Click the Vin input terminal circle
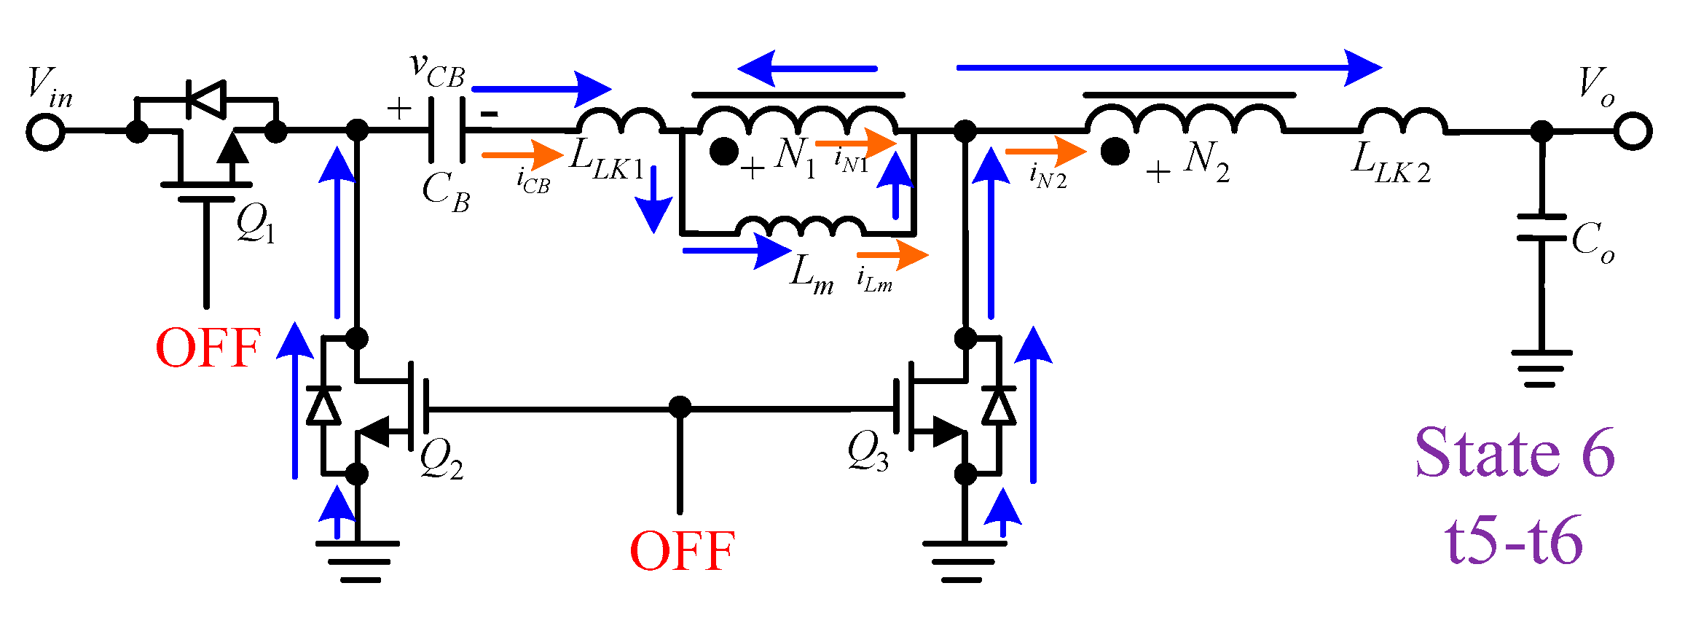pyautogui.click(x=46, y=133)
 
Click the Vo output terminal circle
pyautogui.click(x=1633, y=132)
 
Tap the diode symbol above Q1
pyautogui.click(x=205, y=98)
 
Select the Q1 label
pyautogui.click(x=256, y=224)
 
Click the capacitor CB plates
pyautogui.click(x=447, y=130)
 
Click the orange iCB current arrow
pyautogui.click(x=522, y=154)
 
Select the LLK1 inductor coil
pyautogui.click(x=621, y=121)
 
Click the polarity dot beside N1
pyautogui.click(x=724, y=152)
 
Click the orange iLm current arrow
pyautogui.click(x=892, y=255)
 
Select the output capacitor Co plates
pyautogui.click(x=1541, y=227)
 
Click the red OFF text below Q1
pyautogui.click(x=208, y=348)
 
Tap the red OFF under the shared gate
pyautogui.click(x=682, y=551)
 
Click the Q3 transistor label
pyautogui.click(x=868, y=453)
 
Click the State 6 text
pyautogui.click(x=1515, y=453)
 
